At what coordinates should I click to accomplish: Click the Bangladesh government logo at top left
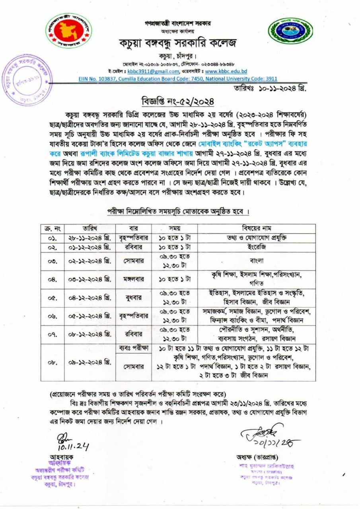(x=68, y=31)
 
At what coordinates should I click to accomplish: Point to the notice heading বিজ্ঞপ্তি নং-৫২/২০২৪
(x=178, y=101)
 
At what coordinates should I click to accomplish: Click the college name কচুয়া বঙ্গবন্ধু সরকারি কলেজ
(x=178, y=43)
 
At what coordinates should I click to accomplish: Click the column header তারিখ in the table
(x=90, y=229)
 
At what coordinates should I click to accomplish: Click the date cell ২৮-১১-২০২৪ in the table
(x=90, y=238)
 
